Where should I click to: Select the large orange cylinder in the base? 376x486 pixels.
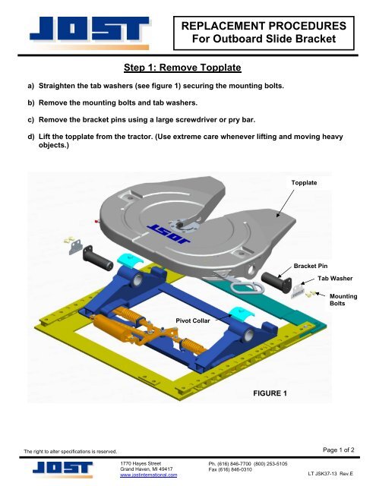[113, 332]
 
